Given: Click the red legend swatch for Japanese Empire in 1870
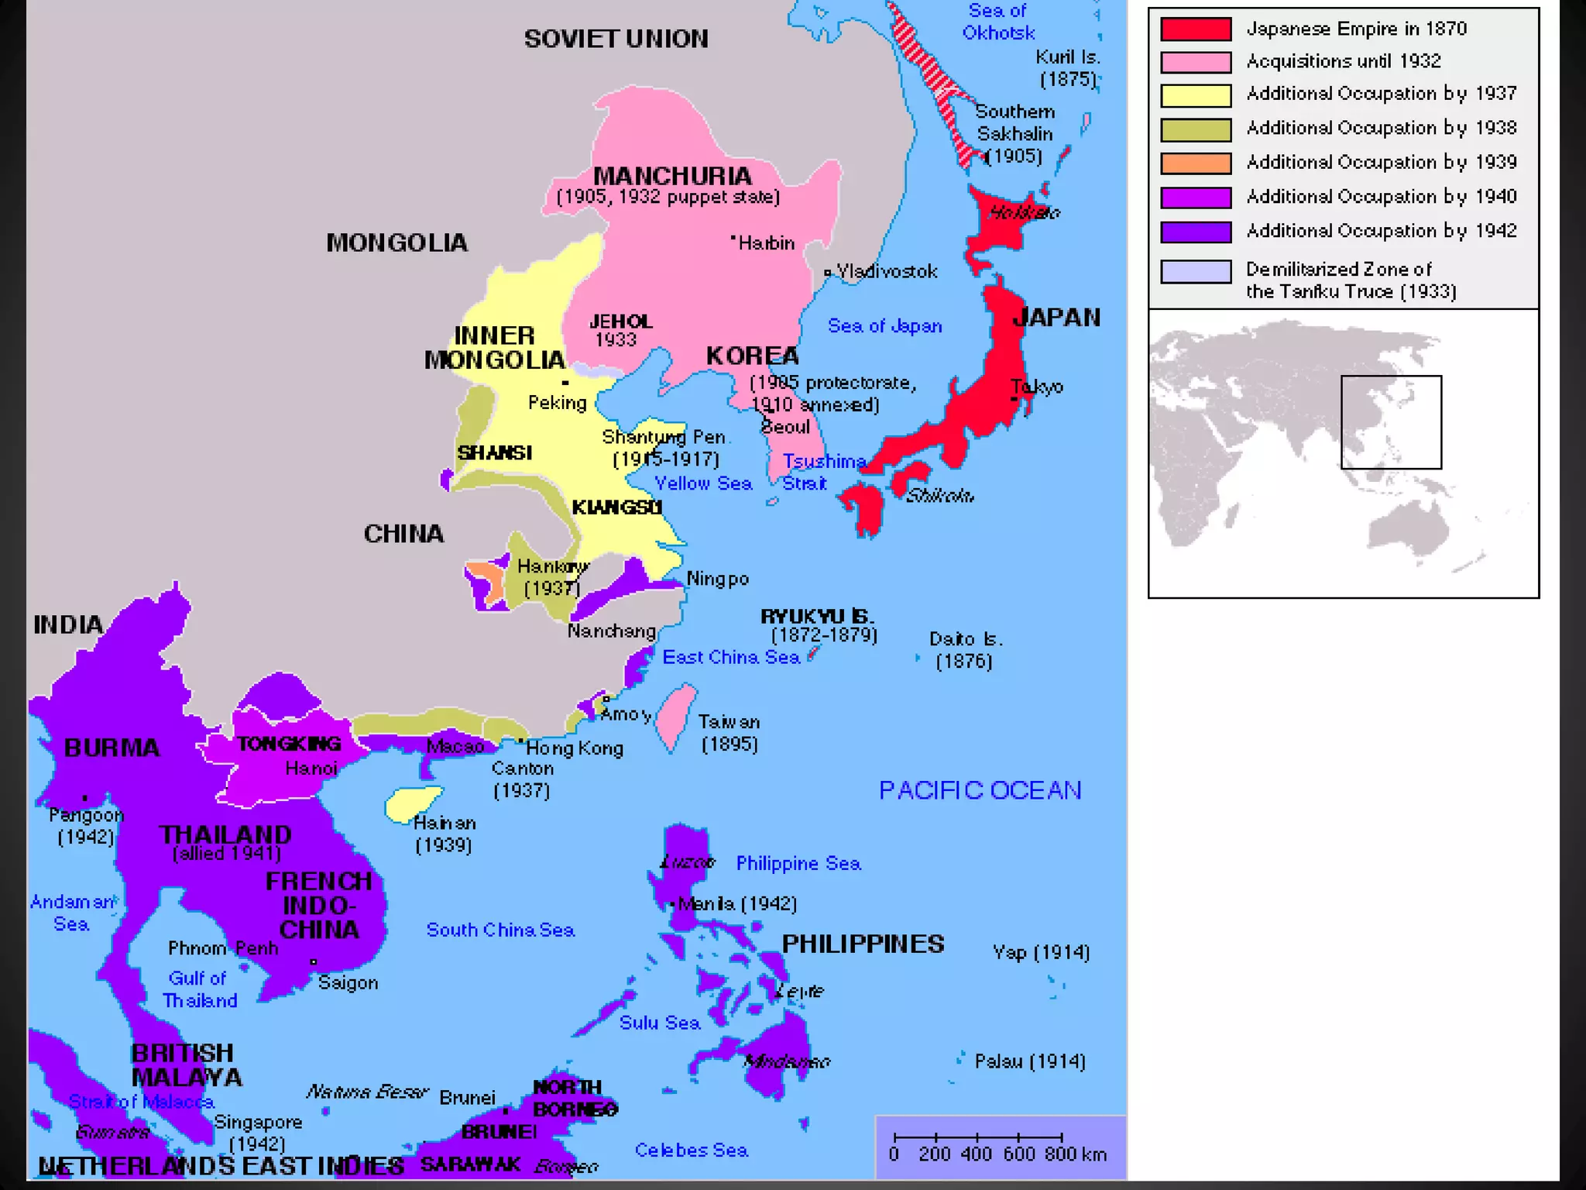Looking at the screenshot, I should pyautogui.click(x=1195, y=29).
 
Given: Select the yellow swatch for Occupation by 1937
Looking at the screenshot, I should pyautogui.click(x=1195, y=95).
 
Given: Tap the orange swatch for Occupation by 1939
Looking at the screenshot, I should pyautogui.click(x=1195, y=163).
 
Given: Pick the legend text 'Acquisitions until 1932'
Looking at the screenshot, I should pyautogui.click(x=1343, y=61).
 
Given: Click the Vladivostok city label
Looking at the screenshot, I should pyautogui.click(x=886, y=271).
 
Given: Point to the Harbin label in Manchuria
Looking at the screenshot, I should pyautogui.click(x=766, y=243).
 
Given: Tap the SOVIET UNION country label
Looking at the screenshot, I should pyautogui.click(x=616, y=39).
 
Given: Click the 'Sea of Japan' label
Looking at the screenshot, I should pyautogui.click(x=884, y=326).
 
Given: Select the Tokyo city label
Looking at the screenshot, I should pyautogui.click(x=1037, y=387).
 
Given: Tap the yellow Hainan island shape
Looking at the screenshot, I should pyautogui.click(x=412, y=803).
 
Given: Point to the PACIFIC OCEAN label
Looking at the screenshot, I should pyautogui.click(x=980, y=790).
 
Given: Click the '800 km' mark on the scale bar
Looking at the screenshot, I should pyautogui.click(x=1074, y=1154).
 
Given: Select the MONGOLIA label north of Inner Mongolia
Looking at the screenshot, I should pyautogui.click(x=396, y=242).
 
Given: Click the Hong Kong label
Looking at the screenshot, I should pyautogui.click(x=574, y=748).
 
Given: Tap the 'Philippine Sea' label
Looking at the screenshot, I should pyautogui.click(x=798, y=863).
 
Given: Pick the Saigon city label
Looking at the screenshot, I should pyautogui.click(x=348, y=982).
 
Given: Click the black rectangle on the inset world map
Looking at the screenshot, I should pyautogui.click(x=1391, y=422).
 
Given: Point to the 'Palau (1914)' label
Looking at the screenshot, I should pyautogui.click(x=1029, y=1061).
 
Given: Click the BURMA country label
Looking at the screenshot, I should pyautogui.click(x=112, y=748).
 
